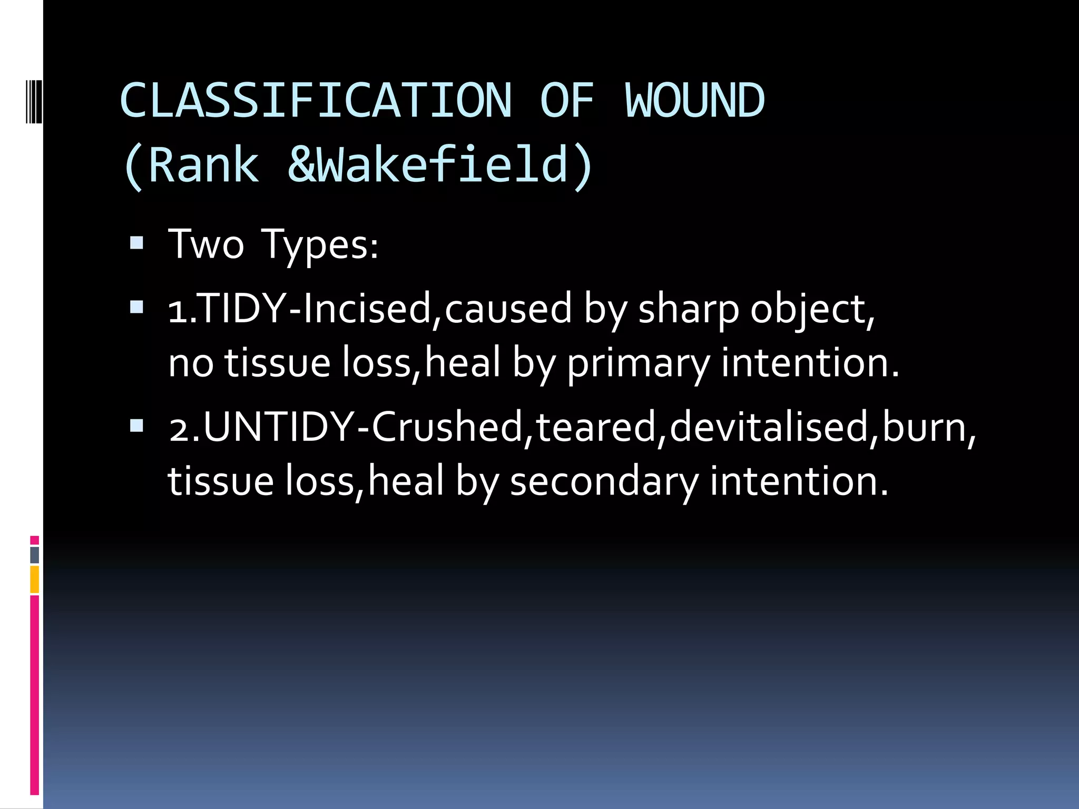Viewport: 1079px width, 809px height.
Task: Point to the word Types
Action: click(x=319, y=245)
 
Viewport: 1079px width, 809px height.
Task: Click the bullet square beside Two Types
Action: click(x=136, y=243)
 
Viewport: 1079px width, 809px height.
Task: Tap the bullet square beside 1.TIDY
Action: click(x=136, y=307)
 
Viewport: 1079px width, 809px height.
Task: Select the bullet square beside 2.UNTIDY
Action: click(x=136, y=425)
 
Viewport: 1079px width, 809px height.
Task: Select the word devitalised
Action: click(x=769, y=427)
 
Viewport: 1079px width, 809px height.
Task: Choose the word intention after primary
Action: click(x=808, y=363)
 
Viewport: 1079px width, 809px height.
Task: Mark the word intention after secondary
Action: click(x=798, y=481)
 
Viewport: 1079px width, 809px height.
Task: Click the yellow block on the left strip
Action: click(x=35, y=579)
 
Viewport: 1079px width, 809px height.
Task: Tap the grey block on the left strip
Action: click(x=35, y=555)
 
